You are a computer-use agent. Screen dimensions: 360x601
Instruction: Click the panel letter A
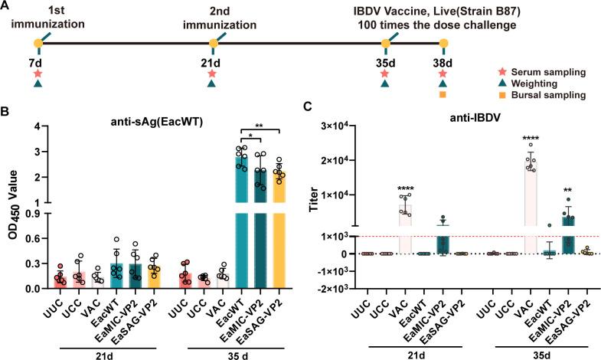click(x=7, y=7)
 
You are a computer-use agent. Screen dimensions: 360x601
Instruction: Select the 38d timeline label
click(x=443, y=61)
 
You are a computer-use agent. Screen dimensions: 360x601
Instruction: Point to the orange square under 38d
click(x=443, y=95)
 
